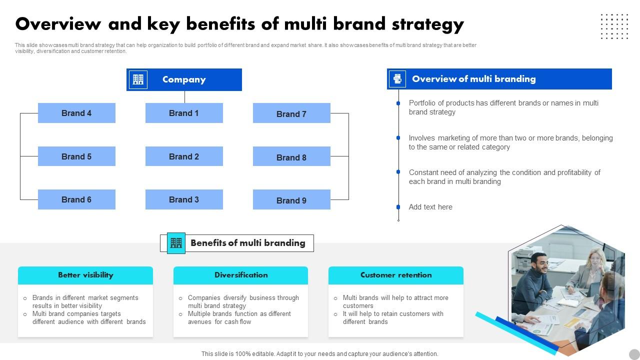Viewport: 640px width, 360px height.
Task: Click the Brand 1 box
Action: click(x=184, y=113)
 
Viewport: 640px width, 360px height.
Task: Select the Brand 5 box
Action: click(x=76, y=156)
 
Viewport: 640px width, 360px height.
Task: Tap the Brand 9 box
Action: click(x=291, y=200)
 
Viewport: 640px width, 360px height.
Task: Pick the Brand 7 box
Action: click(x=291, y=113)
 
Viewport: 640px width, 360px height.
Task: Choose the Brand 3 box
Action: click(x=184, y=199)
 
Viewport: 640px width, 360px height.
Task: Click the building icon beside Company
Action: click(x=138, y=79)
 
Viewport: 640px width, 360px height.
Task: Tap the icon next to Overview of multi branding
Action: click(x=397, y=79)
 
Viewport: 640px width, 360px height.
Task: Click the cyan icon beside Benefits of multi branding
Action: click(x=176, y=243)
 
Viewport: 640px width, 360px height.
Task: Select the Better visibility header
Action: click(x=85, y=275)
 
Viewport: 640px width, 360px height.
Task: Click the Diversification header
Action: click(x=241, y=275)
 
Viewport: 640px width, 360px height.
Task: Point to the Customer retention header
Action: click(x=396, y=275)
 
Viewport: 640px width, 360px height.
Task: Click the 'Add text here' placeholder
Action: click(x=430, y=207)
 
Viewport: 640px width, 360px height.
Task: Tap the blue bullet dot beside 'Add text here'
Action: click(x=398, y=207)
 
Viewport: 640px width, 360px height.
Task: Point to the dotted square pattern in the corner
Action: click(x=614, y=26)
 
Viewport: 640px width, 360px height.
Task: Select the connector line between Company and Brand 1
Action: click(x=184, y=97)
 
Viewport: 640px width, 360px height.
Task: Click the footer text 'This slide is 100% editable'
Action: click(x=319, y=353)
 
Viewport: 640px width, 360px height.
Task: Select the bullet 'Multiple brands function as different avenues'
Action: click(x=239, y=317)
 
